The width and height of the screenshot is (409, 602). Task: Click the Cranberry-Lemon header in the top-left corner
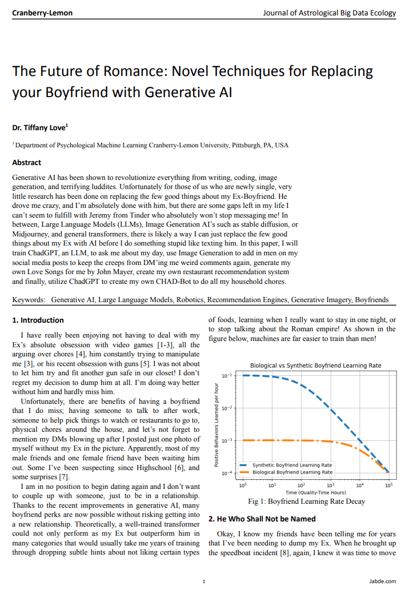click(42, 13)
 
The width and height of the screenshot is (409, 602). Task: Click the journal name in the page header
click(329, 13)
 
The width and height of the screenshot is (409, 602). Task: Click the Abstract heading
click(26, 163)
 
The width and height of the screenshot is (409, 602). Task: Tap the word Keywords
click(28, 299)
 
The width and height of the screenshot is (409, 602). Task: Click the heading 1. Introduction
click(38, 320)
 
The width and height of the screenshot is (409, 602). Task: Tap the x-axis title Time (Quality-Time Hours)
click(316, 492)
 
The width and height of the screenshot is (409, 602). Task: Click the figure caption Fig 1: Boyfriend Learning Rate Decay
click(307, 501)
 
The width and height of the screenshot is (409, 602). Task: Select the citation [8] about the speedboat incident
click(284, 553)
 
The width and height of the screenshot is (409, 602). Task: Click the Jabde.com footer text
click(382, 581)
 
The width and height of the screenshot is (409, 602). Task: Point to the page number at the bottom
click(204, 581)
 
